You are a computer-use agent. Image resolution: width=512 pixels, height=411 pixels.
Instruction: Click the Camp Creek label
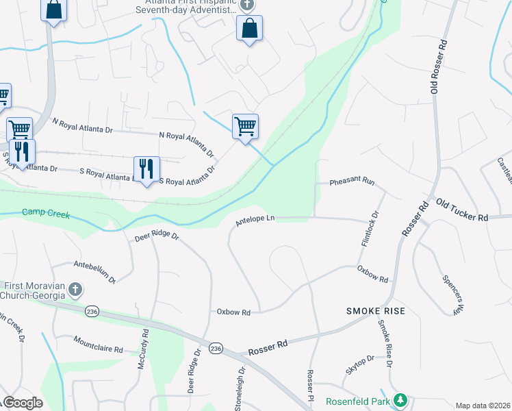[x=46, y=214]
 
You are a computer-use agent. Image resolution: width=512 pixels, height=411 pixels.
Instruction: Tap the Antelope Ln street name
[x=255, y=220]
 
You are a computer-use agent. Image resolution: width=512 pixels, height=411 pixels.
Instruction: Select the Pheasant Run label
[x=352, y=182]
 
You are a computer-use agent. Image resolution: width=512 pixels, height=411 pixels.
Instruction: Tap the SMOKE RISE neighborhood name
[x=376, y=311]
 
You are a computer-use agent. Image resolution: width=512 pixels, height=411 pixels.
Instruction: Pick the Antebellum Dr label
[x=95, y=271]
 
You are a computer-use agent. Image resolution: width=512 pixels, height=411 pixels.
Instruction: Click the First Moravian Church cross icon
[x=75, y=290]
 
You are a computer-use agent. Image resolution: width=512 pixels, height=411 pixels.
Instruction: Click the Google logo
[x=23, y=403]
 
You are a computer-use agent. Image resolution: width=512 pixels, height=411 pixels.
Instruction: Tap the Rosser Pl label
[x=311, y=386]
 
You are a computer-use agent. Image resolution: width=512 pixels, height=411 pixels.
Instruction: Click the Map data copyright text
[x=483, y=406]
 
